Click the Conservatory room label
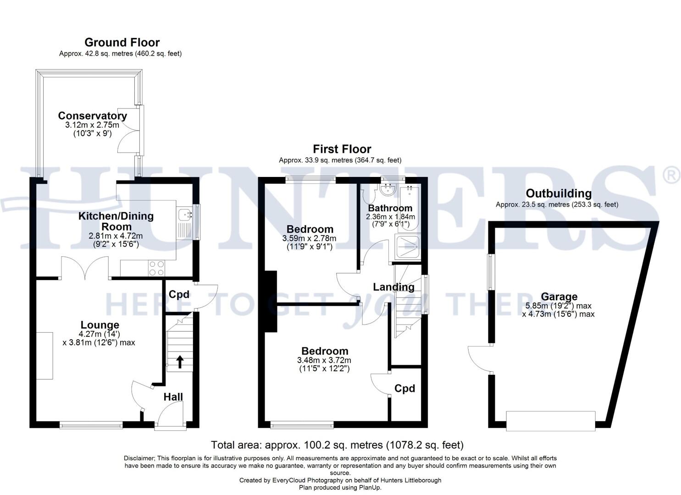point(92,116)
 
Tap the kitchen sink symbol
point(185,214)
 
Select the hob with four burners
point(156,268)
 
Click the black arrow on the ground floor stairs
point(179,362)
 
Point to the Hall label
point(173,397)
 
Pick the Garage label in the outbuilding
point(559,297)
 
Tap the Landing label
point(393,287)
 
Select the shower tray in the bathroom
point(407,247)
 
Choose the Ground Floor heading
point(122,43)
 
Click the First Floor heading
point(342,149)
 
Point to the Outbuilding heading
point(558,193)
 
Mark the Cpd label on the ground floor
point(179,294)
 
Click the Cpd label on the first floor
point(404,389)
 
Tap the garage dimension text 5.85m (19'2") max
point(558,306)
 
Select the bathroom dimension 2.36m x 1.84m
point(390,217)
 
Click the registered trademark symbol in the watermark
point(671,176)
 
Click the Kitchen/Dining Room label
point(116,221)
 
